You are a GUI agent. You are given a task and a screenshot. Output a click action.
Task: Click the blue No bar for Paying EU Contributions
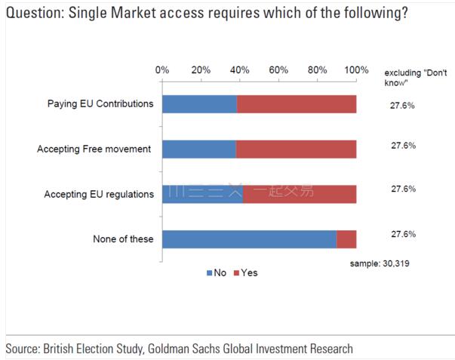coord(199,104)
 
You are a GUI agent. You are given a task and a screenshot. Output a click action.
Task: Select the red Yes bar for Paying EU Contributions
coord(297,104)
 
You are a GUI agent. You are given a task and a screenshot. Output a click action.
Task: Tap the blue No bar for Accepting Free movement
coord(198,149)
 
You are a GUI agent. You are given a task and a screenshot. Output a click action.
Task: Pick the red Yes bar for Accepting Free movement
coord(296,149)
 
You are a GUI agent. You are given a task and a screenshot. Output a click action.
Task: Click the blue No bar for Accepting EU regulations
coord(202,194)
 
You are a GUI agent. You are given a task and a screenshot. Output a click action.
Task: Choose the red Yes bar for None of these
coord(346,239)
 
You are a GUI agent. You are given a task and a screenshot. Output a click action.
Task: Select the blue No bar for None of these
coord(249,239)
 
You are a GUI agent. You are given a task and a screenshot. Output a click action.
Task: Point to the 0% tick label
coord(162,69)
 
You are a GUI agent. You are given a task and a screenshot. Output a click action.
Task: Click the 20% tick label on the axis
coord(201,69)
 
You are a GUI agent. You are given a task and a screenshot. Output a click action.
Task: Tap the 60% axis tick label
coord(278,69)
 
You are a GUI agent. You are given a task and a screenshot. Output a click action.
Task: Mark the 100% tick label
coord(355,69)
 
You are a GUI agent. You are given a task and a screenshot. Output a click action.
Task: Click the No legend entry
coord(216,272)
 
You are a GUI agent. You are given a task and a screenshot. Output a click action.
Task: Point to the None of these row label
coord(123,239)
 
